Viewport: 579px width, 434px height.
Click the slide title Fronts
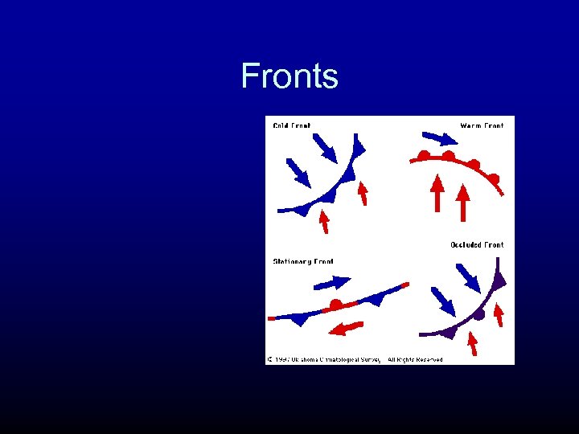(289, 76)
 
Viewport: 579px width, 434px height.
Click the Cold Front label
(292, 125)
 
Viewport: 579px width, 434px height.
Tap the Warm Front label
(482, 125)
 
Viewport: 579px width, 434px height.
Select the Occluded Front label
(477, 244)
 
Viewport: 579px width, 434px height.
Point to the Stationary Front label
(303, 261)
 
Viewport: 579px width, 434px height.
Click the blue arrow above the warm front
(438, 138)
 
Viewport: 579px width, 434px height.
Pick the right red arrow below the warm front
(462, 201)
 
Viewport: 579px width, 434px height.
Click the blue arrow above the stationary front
(332, 282)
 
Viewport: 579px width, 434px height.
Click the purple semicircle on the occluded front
(479, 315)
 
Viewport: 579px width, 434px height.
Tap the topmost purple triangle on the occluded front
(499, 280)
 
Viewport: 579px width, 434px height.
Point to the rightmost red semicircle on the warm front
(494, 178)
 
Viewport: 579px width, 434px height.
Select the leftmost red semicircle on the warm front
(423, 154)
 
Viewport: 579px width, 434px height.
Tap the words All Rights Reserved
(415, 359)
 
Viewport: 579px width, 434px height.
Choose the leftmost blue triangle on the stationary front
(300, 319)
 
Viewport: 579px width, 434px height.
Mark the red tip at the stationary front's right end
(404, 285)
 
